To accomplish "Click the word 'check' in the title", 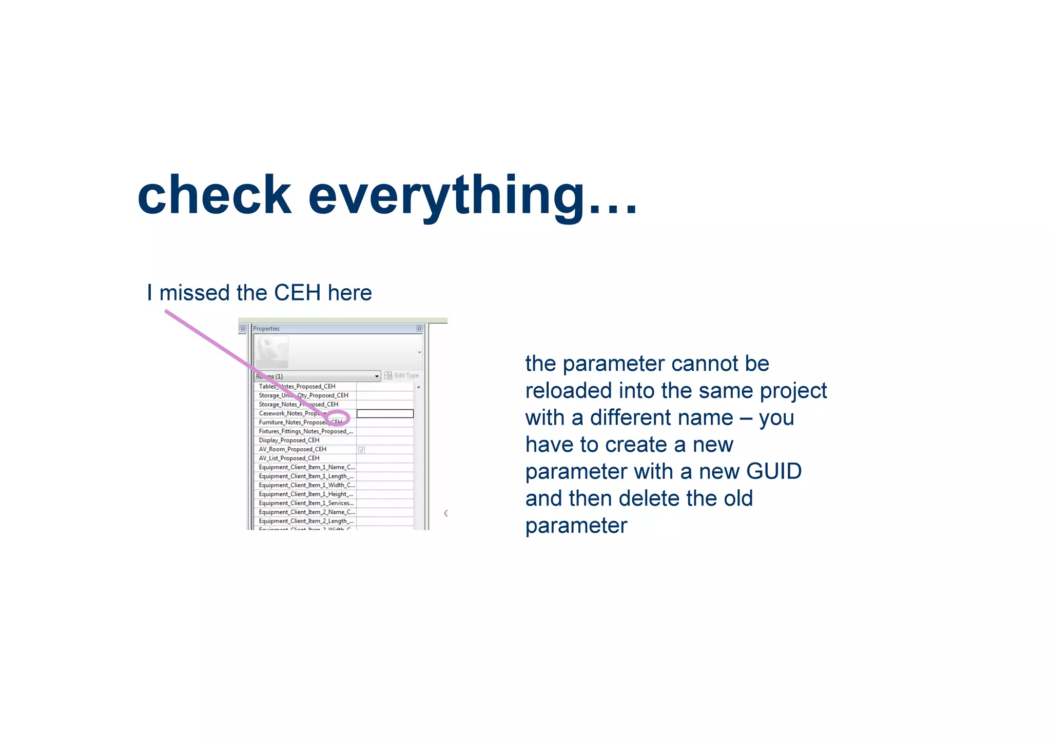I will pos(214,195).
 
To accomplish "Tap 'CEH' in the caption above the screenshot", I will pos(297,293).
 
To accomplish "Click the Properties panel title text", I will pos(266,329).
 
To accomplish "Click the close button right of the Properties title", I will pos(419,329).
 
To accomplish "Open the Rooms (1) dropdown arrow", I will pos(377,376).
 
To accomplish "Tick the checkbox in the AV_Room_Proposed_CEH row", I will pos(361,450).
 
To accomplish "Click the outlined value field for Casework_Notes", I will pos(385,413).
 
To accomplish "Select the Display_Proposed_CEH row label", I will pos(289,440).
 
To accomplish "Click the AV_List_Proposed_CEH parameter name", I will pos(289,458).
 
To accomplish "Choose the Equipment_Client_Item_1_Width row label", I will pos(306,485).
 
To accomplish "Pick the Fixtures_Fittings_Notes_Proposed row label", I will pos(306,431).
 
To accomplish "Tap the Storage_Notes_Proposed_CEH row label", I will pos(298,405).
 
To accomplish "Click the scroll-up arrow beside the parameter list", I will pos(419,387).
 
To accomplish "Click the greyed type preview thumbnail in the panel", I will pos(271,352).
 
